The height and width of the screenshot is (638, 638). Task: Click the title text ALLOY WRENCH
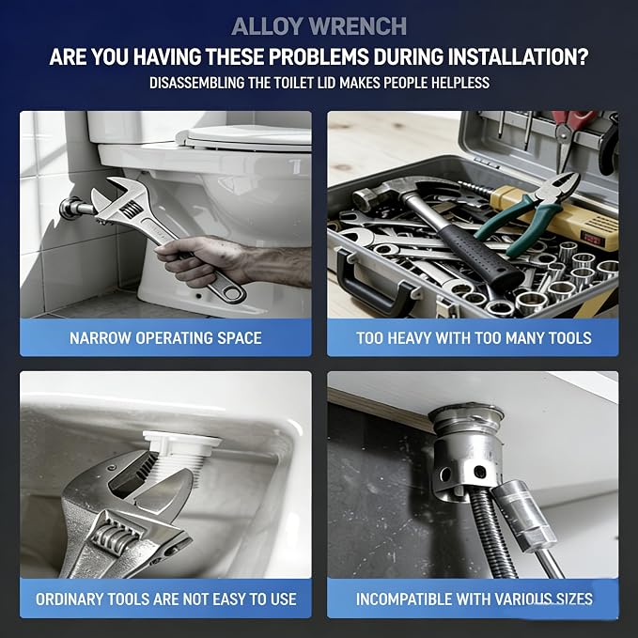coord(319,27)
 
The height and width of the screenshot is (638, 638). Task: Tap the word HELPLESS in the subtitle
coord(460,83)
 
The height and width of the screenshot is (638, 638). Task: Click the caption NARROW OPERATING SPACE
coord(165,338)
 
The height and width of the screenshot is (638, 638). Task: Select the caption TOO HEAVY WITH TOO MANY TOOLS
coord(474,338)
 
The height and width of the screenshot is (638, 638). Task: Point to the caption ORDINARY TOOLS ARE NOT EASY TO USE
coord(166,599)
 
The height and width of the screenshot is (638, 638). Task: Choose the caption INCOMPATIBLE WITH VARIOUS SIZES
coord(474,599)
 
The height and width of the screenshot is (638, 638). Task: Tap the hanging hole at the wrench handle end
coord(231,293)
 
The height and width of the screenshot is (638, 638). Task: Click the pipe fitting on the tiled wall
coord(75,208)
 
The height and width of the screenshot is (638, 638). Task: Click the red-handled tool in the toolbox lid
coord(568,134)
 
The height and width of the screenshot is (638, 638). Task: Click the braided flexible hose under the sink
coord(492,533)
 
